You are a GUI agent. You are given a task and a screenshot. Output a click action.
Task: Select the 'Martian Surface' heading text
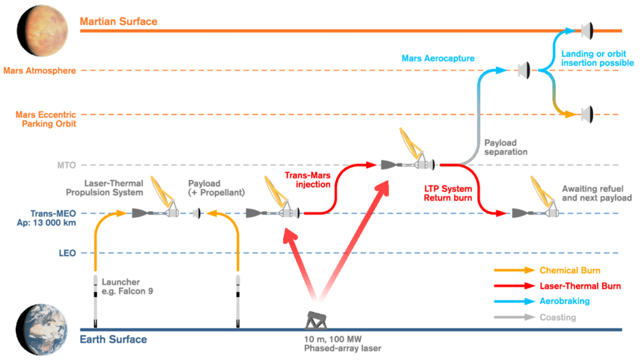coord(119,21)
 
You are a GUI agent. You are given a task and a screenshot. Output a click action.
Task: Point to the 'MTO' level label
coord(64,165)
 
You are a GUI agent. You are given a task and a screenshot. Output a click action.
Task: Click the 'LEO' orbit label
coord(65,253)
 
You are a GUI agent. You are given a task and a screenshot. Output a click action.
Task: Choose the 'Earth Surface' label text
coord(113,340)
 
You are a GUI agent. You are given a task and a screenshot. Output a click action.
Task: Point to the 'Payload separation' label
coord(505,145)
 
